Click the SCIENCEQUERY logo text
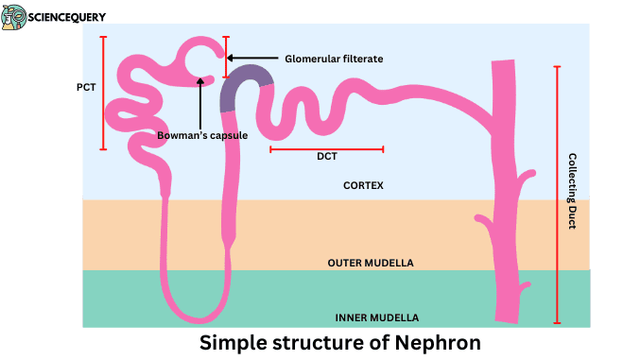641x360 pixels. tap(66, 17)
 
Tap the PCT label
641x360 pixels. tap(86, 87)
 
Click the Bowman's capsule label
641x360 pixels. tap(202, 135)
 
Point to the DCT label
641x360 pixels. tap(327, 158)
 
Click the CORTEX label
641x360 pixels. tap(363, 185)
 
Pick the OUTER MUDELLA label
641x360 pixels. tap(370, 262)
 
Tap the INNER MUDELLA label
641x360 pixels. tap(376, 317)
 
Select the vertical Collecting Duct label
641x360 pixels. tap(572, 191)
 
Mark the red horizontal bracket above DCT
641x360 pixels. tap(326, 148)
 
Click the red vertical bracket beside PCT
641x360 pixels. tap(103, 93)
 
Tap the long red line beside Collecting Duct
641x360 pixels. tap(557, 195)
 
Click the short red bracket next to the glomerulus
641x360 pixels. tap(225, 57)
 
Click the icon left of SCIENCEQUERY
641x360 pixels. tap(14, 17)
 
